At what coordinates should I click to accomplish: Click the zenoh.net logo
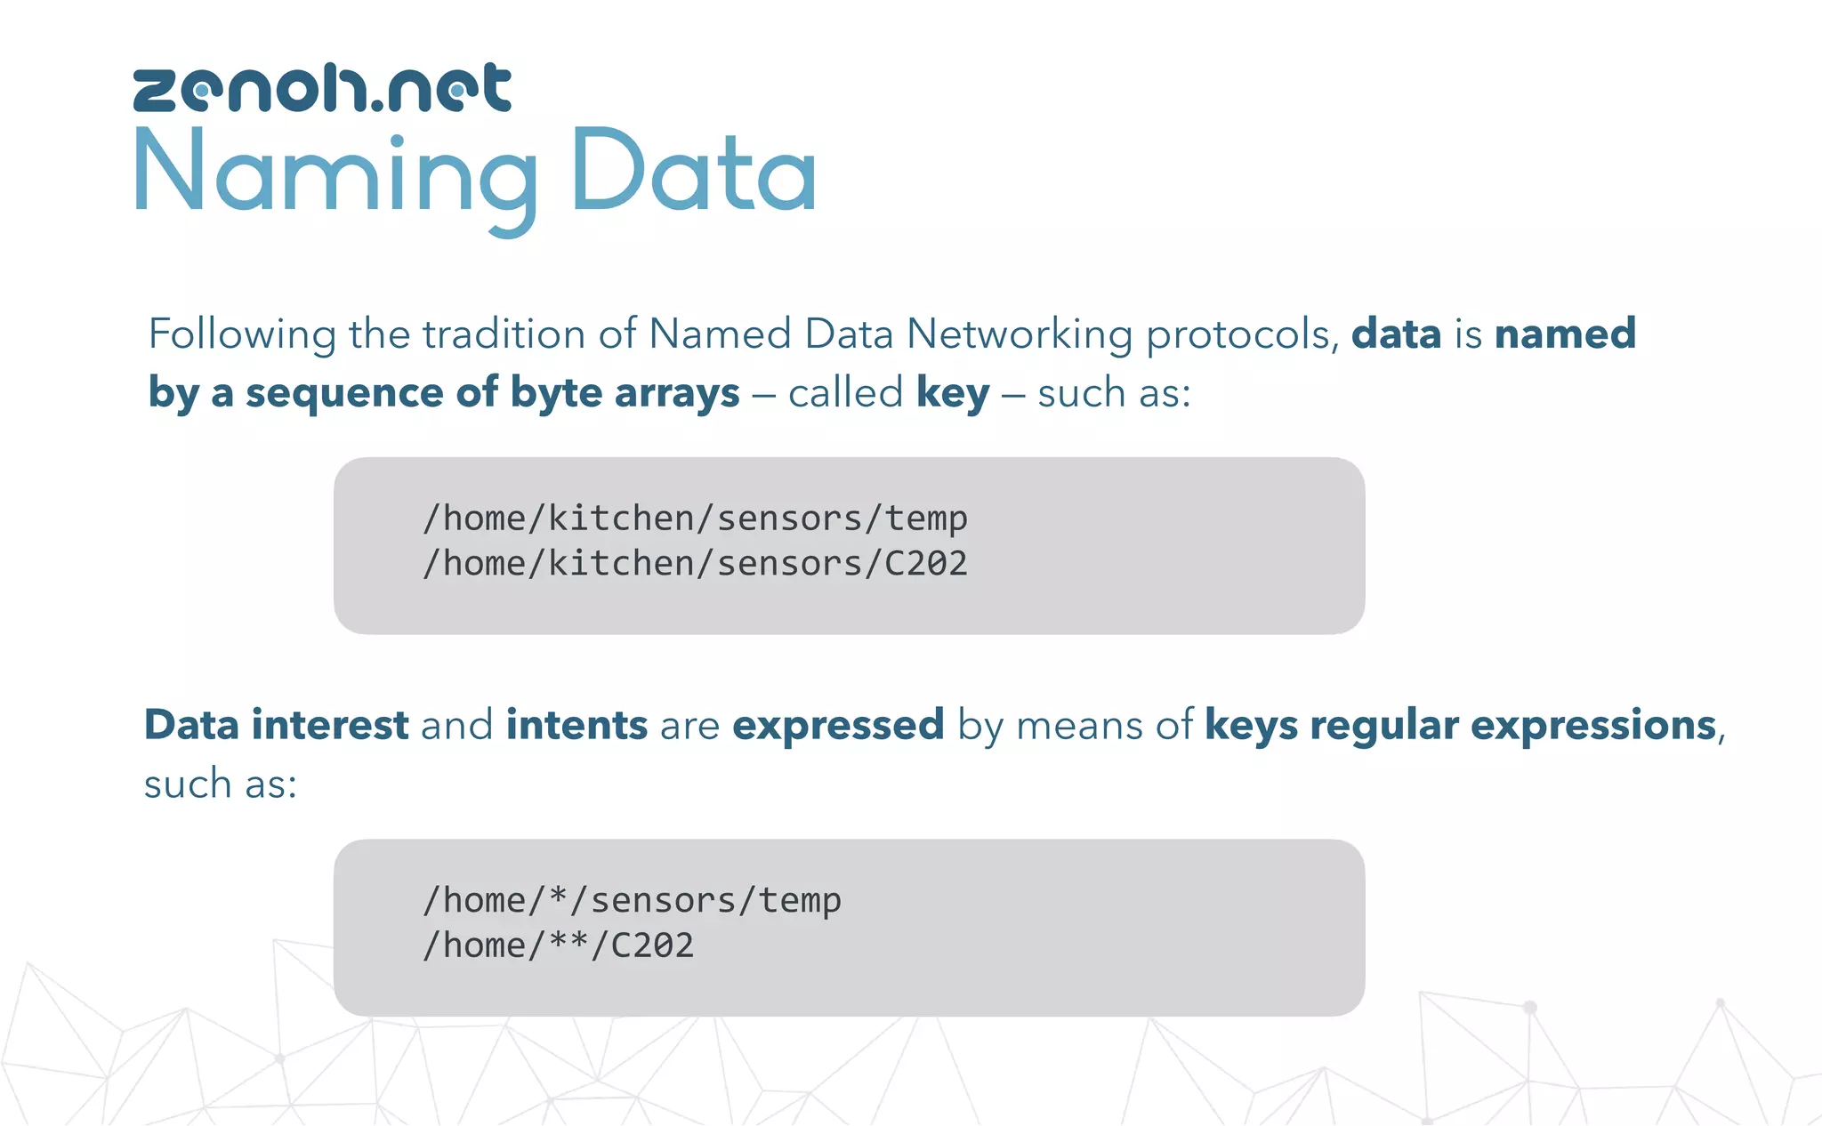point(322,88)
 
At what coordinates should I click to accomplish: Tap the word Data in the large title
point(693,172)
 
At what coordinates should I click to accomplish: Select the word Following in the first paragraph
point(241,335)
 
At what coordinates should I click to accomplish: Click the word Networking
point(1019,335)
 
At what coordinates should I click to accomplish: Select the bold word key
point(952,393)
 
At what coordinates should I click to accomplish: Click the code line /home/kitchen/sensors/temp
point(695,518)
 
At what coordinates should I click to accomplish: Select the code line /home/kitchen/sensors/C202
point(695,563)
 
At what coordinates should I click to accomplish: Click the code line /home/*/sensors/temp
point(632,900)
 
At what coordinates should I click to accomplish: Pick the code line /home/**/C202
point(558,945)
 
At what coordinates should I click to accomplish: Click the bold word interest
point(330,725)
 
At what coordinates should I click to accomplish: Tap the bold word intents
point(576,725)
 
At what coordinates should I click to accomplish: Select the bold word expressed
point(837,725)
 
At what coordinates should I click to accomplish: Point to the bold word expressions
point(1592,725)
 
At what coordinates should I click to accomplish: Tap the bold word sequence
point(345,393)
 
